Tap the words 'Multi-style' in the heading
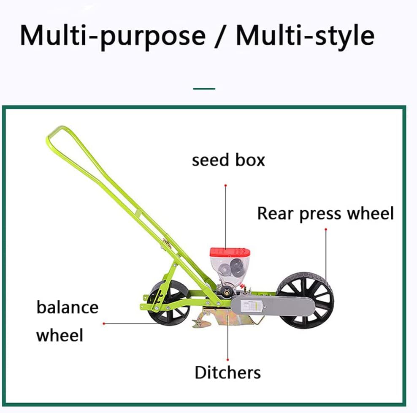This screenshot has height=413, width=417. pos(305,36)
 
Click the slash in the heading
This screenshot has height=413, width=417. pos(221,36)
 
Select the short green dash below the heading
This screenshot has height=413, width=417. pos(204,89)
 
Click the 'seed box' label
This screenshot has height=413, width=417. pos(228,160)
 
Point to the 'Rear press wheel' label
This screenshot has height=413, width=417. pos(325,213)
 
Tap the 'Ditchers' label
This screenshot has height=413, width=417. pos(227,372)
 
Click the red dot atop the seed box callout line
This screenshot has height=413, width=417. pos(225,185)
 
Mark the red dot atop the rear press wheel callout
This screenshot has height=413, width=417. pos(326,229)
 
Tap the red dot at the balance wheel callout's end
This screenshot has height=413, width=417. pos(104,323)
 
